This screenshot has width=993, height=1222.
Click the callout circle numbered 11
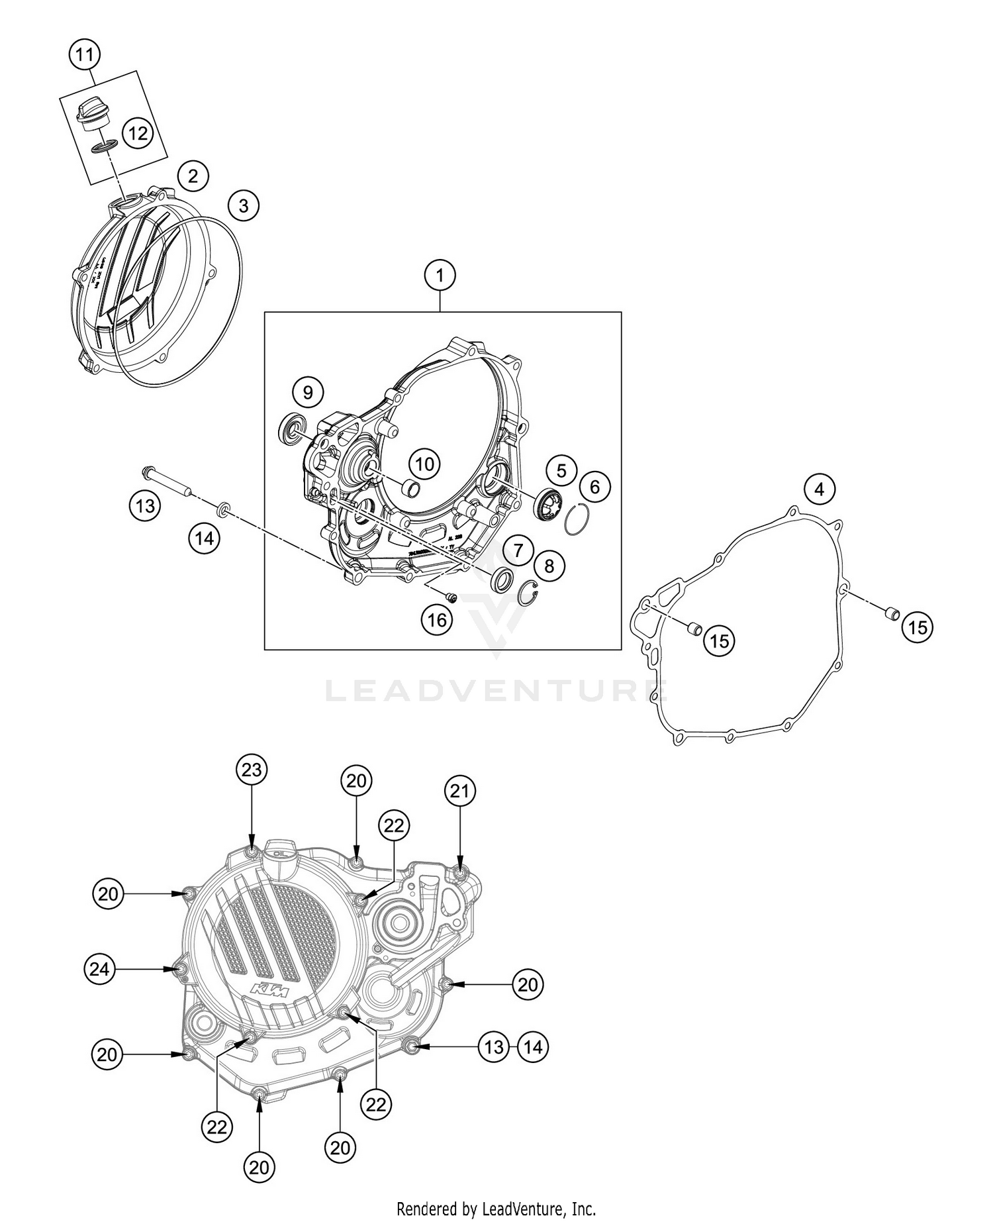[84, 55]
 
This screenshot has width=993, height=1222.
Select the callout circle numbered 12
[138, 134]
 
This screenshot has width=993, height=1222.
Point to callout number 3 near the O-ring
[244, 206]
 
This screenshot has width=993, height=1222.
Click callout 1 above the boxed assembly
[440, 275]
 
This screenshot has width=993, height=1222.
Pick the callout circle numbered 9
[308, 392]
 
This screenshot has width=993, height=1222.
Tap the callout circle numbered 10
[424, 464]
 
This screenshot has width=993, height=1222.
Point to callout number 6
[594, 487]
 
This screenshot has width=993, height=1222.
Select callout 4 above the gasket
[820, 489]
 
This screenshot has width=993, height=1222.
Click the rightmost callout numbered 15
[918, 627]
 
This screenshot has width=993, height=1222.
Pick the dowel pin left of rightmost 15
[892, 613]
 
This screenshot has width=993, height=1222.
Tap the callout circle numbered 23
[253, 770]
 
